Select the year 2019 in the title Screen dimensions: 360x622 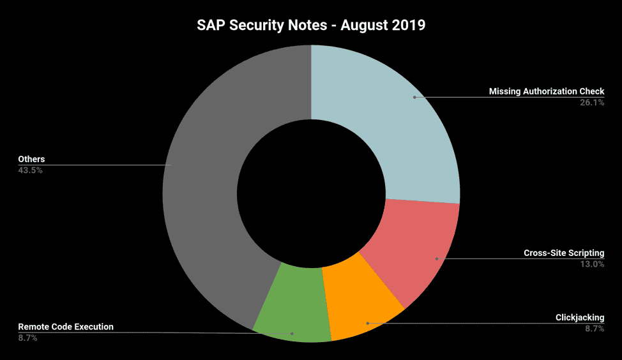[408, 26]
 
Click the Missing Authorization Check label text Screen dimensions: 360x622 [546, 91]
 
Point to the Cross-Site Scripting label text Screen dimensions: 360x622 [563, 253]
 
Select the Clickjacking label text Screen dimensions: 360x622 [580, 317]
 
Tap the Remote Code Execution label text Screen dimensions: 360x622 [66, 327]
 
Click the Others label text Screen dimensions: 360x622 [31, 159]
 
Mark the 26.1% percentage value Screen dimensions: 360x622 [591, 102]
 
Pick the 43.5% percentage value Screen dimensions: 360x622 [31, 170]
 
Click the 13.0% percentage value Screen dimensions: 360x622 [591, 264]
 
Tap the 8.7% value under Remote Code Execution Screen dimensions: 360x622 [27, 338]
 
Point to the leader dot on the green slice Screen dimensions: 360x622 [292, 333]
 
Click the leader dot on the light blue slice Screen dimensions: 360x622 [414, 97]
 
